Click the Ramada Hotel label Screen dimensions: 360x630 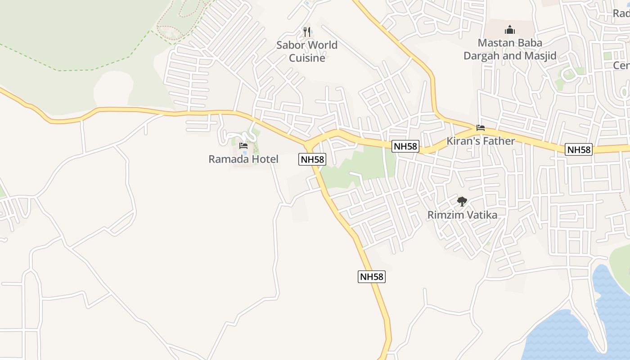tap(243, 159)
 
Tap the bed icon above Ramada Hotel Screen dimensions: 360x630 tap(243, 145)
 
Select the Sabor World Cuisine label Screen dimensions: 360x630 tap(307, 51)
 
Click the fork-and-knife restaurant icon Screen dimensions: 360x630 tap(307, 31)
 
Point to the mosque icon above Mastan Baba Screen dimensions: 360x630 tap(510, 30)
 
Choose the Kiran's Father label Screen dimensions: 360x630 tap(481, 141)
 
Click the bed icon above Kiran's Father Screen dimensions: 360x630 tap(481, 128)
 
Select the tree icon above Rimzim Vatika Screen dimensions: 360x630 tap(462, 201)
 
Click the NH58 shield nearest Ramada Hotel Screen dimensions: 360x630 tap(311, 159)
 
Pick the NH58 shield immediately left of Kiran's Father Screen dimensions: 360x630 tap(405, 146)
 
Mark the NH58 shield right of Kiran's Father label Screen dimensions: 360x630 tap(579, 149)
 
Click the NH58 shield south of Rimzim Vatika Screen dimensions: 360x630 tap(372, 276)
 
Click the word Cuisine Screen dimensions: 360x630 tap(307, 58)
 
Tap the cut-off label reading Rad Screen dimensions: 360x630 tap(621, 13)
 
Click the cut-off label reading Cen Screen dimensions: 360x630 tap(621, 65)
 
